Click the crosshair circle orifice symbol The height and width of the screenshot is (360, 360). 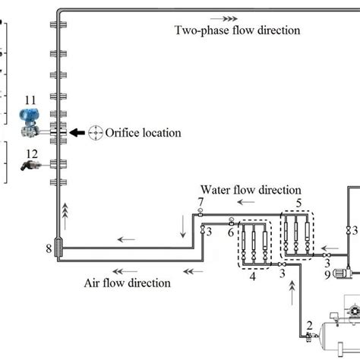coord(96,132)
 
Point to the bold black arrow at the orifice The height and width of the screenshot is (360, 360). coord(77,132)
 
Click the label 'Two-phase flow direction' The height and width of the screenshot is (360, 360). coord(238,30)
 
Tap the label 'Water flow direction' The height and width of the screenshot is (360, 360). coord(251,189)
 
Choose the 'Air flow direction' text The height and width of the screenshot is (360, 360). coord(127,283)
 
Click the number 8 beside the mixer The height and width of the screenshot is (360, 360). coord(49,248)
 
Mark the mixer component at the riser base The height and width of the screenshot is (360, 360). coord(60,248)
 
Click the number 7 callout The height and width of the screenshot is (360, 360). coord(200,201)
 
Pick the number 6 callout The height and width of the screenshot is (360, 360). coord(230,232)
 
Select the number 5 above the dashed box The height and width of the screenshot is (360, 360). coord(298,201)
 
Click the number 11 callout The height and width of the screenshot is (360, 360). coord(30,99)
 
